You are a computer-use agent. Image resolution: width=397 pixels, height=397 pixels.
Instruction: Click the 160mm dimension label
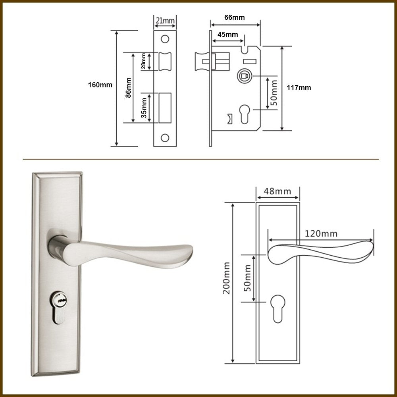coord(100,85)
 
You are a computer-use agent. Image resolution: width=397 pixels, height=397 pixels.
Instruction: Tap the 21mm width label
coord(165,20)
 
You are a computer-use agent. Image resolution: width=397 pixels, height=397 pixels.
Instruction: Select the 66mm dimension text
coord(235,17)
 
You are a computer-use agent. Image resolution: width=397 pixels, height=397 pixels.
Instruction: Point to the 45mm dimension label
coord(227,35)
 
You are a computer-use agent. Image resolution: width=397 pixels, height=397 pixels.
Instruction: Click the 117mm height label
coord(299,88)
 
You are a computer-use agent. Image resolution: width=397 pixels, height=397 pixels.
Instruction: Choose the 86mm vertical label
coord(128,88)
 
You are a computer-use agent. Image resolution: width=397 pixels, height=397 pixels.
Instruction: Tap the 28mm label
coord(143,61)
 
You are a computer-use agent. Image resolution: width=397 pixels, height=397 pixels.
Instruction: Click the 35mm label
coord(144,108)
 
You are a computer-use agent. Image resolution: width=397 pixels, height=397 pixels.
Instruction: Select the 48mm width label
coord(278,191)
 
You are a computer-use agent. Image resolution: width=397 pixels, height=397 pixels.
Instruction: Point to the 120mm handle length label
coord(321,233)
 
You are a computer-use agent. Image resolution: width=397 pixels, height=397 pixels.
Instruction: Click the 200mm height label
coord(226,278)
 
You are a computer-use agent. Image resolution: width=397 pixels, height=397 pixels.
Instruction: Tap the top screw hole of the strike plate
coord(165,39)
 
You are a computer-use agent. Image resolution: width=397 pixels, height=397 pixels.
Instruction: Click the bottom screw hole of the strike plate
coord(165,138)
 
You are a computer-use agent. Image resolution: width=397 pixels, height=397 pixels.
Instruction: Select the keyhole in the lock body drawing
coord(245,114)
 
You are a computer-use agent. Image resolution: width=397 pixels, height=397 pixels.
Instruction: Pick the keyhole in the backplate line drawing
coord(278,308)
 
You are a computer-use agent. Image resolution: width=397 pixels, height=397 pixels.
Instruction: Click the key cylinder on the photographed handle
coord(58,307)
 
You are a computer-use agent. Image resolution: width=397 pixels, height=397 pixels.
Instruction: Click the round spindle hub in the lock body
coord(245,76)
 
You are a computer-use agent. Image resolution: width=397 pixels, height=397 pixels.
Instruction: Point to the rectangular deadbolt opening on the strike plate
coord(165,108)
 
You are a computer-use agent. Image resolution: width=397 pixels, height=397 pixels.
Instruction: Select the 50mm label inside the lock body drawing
coord(274,93)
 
